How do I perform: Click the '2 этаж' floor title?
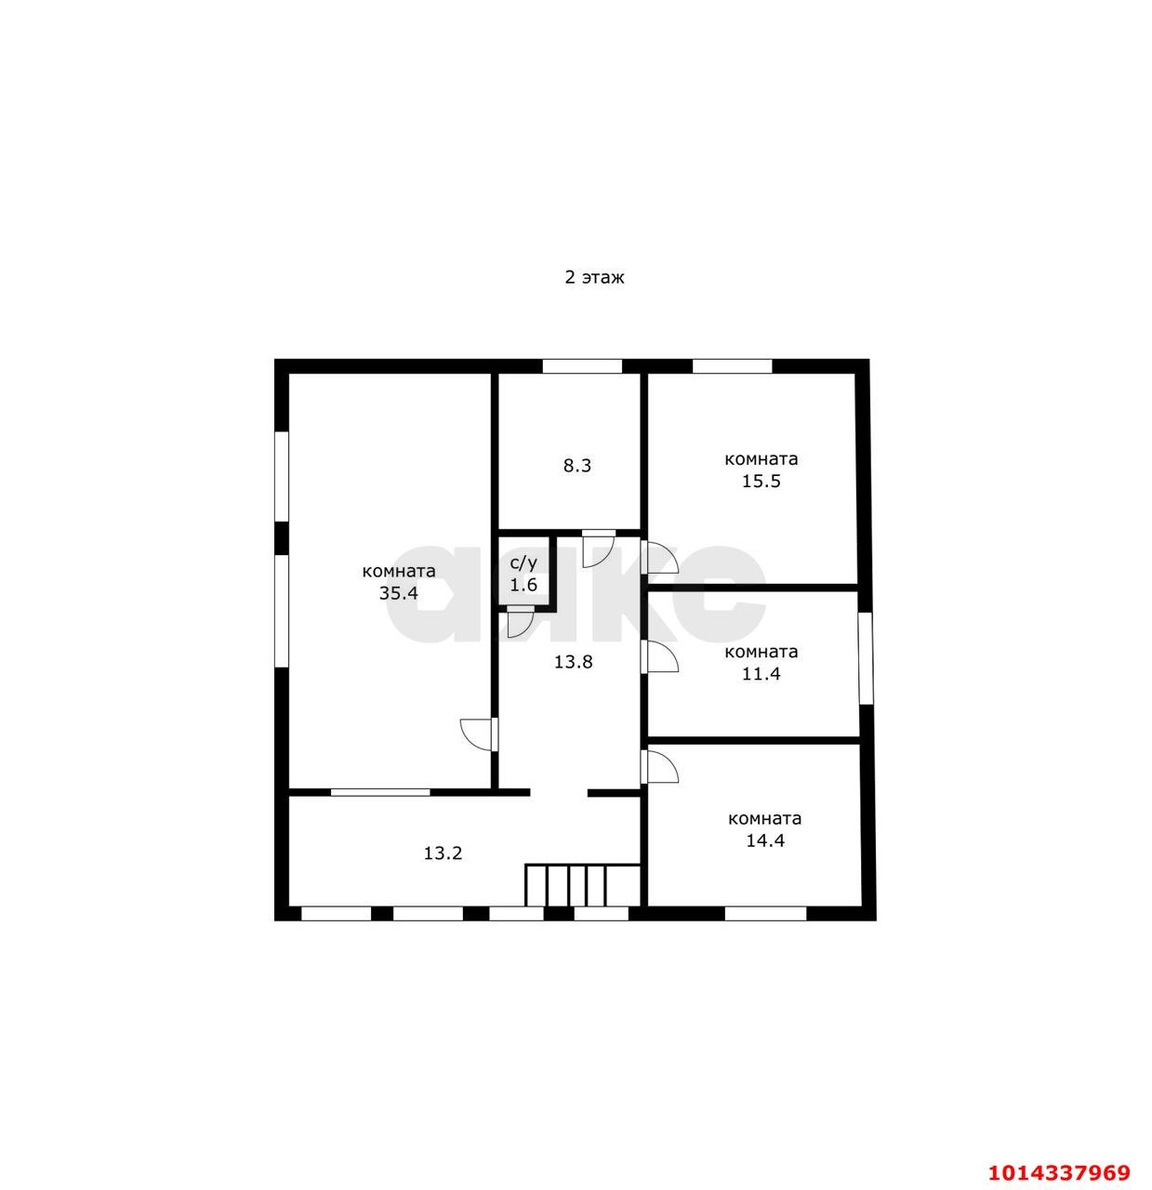click(594, 278)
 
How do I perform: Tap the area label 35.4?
click(398, 593)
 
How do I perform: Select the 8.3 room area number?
click(576, 466)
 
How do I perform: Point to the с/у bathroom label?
click(523, 562)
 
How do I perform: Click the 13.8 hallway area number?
click(573, 662)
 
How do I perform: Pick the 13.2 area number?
click(443, 853)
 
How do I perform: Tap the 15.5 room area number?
click(761, 482)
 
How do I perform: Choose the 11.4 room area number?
click(761, 674)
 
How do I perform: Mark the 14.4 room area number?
click(765, 840)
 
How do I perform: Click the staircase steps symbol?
click(583, 885)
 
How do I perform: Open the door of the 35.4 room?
click(480, 734)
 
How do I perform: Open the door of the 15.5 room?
click(659, 557)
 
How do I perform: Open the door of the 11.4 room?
click(659, 656)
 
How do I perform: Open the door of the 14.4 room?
click(659, 766)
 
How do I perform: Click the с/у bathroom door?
click(520, 622)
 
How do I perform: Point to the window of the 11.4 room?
click(866, 658)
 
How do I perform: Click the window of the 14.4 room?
click(765, 914)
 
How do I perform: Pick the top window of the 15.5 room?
click(732, 366)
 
